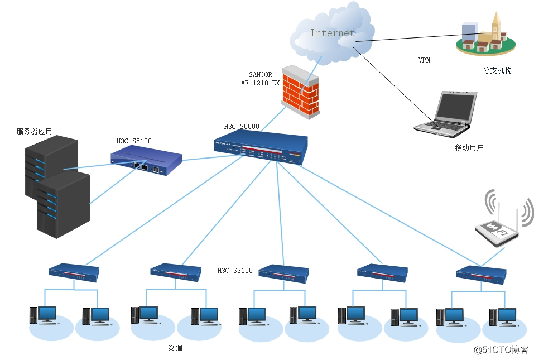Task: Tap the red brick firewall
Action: coord(301,92)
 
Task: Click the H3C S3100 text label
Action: coord(234,271)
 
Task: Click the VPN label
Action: coord(425,60)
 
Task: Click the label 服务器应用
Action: coord(34,132)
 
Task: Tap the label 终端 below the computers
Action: coord(175,348)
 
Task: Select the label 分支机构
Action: coord(497,71)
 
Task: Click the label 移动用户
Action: coord(469,147)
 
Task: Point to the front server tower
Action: coord(63,205)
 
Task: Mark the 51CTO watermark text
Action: coord(501,350)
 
